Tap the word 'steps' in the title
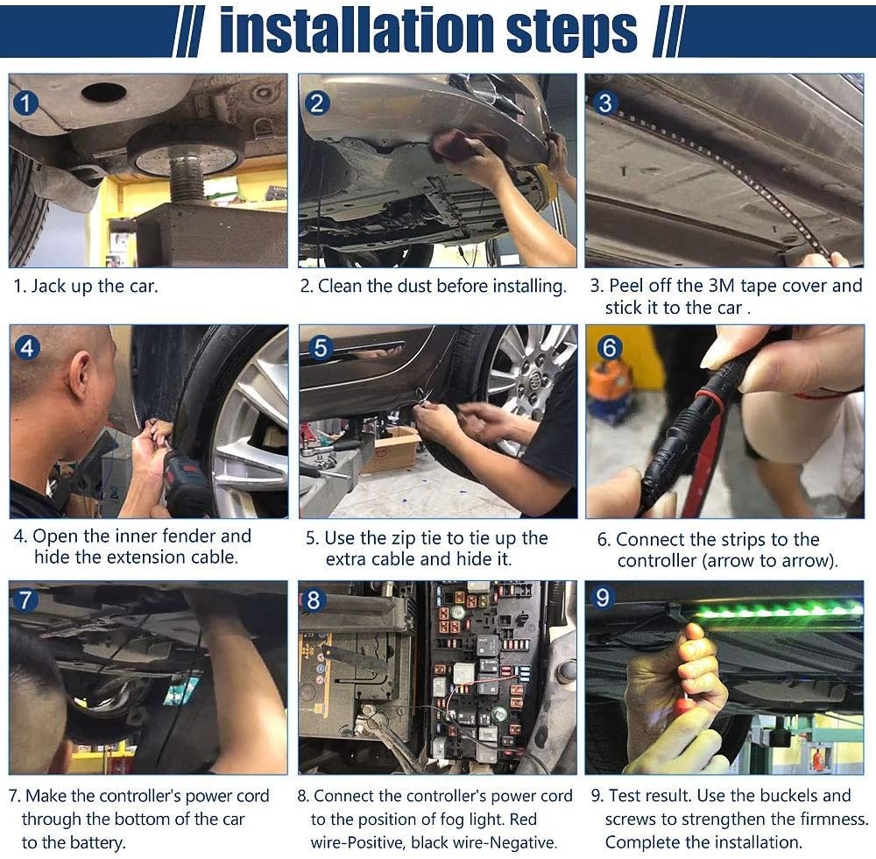click(x=571, y=32)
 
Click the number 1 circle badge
click(x=25, y=103)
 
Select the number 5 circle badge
click(x=320, y=348)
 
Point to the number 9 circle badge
click(x=603, y=598)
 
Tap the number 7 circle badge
click(x=25, y=600)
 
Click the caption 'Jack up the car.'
click(x=95, y=286)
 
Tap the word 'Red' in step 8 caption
click(x=523, y=820)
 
